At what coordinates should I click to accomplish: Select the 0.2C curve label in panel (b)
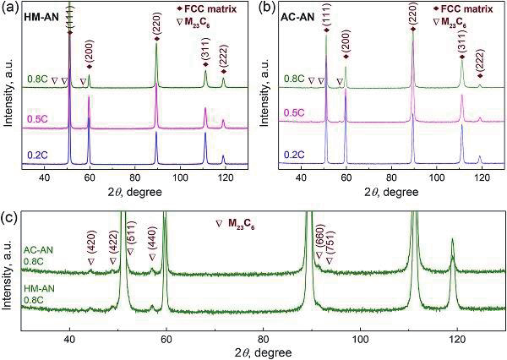point(293,154)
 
